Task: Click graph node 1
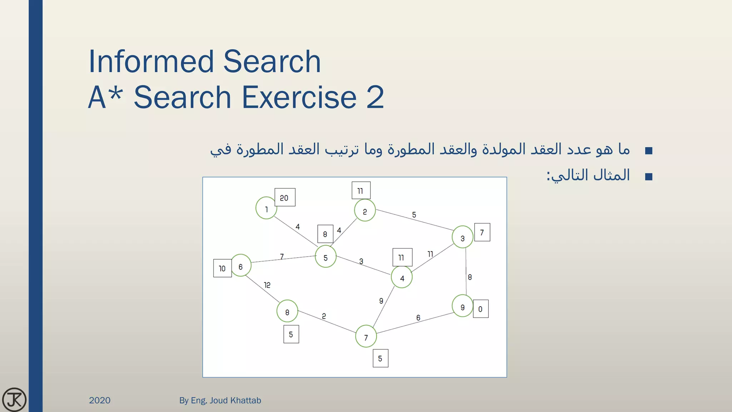point(266,208)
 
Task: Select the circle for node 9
point(463,306)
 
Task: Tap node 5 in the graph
point(326,256)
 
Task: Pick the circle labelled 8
point(287,312)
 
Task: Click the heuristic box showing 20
point(285,197)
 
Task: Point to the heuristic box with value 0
point(481,309)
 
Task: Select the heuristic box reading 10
point(222,268)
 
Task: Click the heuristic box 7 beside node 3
point(482,232)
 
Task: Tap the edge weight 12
point(267,285)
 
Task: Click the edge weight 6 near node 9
point(418,318)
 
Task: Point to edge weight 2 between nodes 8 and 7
point(324,316)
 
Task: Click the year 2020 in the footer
point(100,400)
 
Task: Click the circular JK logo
point(14,399)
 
